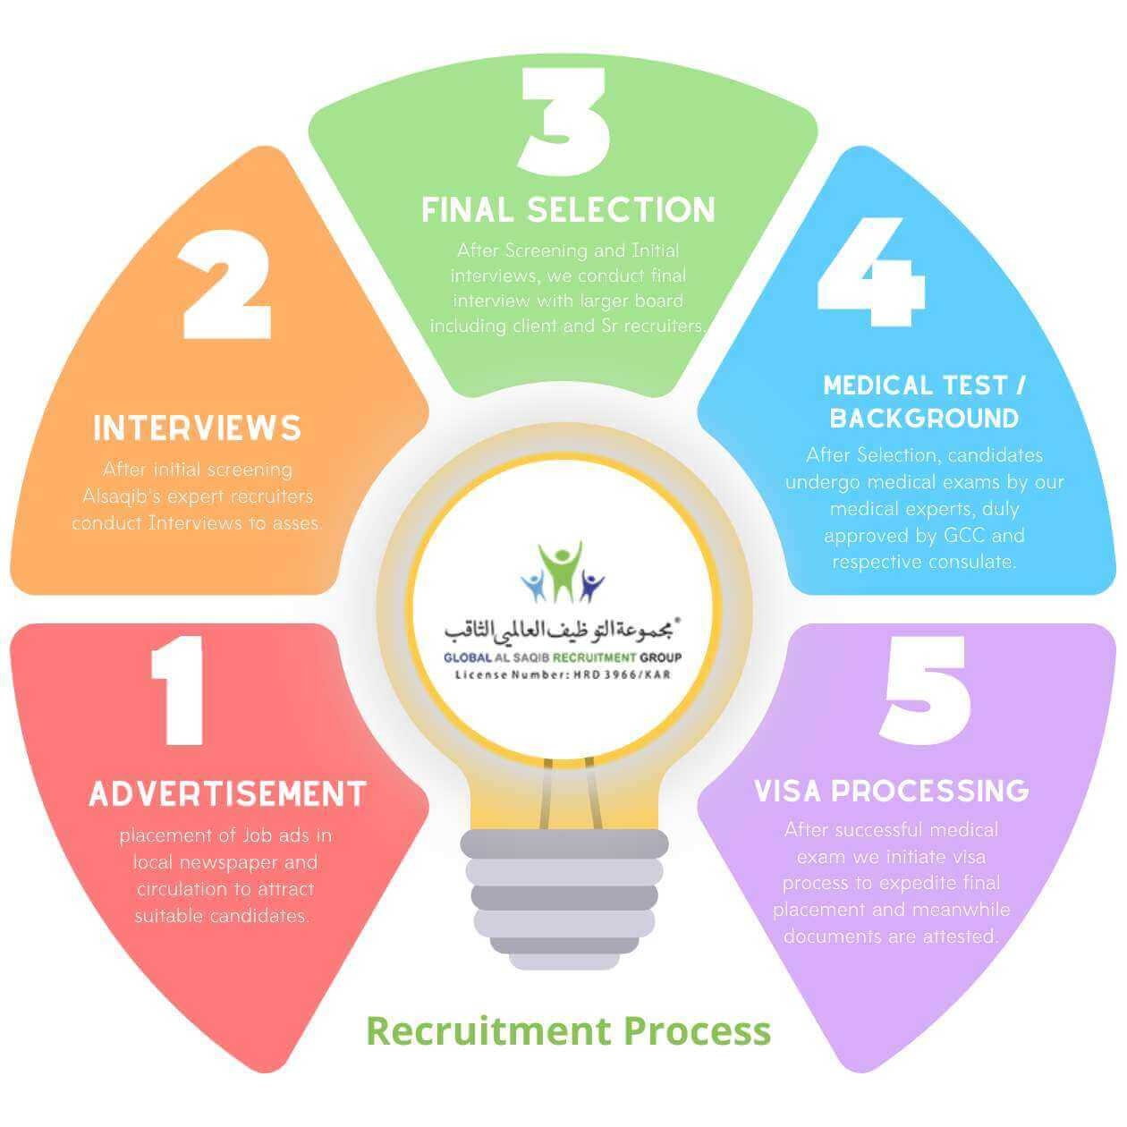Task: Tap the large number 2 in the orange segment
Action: tap(226, 284)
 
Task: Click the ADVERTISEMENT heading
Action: tap(228, 794)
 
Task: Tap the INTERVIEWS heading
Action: tap(198, 428)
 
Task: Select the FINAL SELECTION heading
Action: tap(569, 210)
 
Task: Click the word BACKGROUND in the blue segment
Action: tap(924, 419)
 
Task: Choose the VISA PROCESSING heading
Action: tap(892, 791)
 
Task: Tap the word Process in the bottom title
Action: tap(697, 1030)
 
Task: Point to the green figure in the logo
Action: tap(563, 571)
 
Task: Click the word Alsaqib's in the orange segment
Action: tap(123, 496)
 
